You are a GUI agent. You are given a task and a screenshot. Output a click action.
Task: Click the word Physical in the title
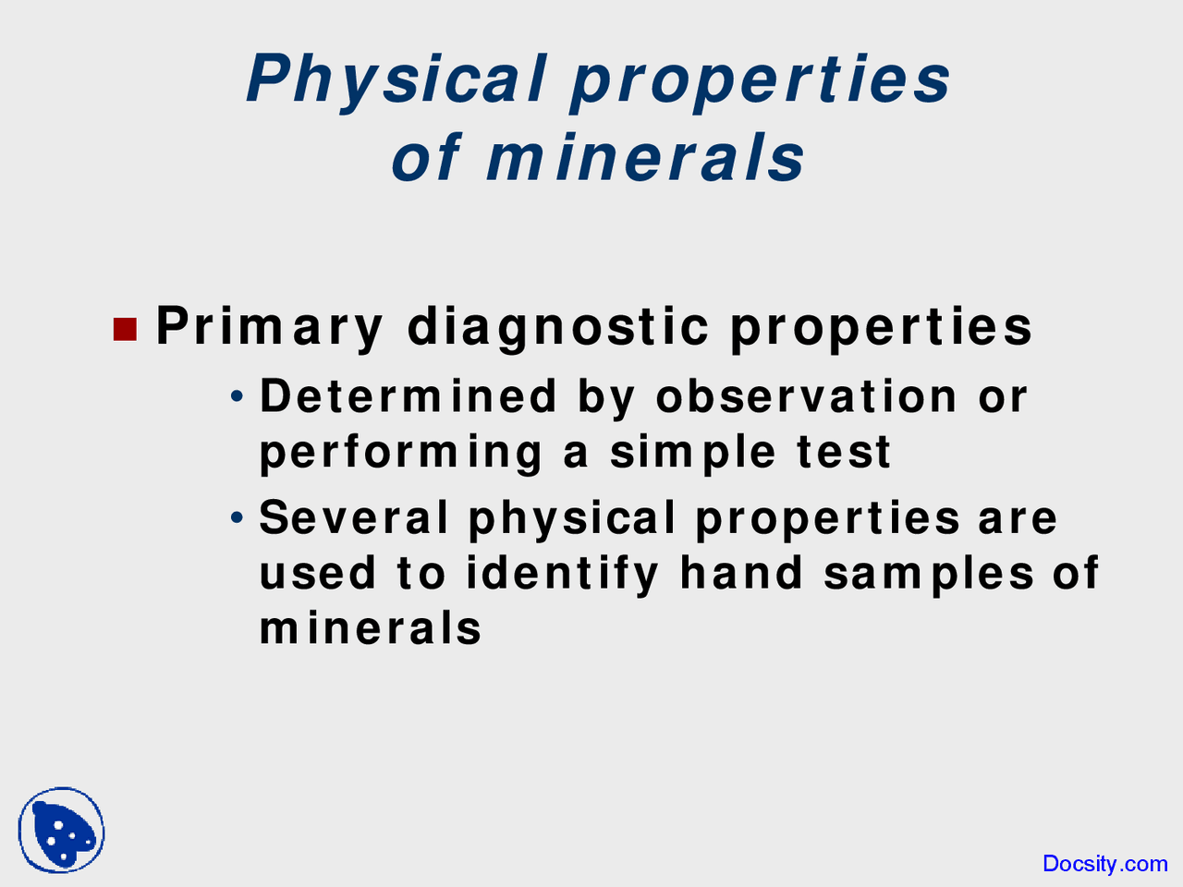396,82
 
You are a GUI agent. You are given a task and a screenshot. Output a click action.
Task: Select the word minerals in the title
646,158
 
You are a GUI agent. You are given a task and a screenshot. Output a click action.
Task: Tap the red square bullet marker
125,330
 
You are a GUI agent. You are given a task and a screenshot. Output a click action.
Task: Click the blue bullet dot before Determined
237,396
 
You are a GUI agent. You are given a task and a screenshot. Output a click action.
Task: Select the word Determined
408,396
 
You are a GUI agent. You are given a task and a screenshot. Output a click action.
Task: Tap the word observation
806,396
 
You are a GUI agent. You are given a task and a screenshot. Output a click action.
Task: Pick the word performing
401,453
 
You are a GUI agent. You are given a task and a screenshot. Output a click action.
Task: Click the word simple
692,453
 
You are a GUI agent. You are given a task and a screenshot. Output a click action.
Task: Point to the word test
844,453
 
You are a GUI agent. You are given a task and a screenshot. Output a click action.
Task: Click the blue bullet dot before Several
237,517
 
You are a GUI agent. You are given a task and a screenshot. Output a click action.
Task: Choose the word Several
354,517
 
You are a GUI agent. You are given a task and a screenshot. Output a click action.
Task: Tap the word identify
562,575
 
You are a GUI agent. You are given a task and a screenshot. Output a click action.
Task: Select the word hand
741,573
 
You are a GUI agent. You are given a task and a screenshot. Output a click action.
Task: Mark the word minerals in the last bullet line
371,628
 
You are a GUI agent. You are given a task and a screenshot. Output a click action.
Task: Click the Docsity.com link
1105,864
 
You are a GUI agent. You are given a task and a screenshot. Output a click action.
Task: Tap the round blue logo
61,830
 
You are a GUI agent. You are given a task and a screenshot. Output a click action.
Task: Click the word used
318,573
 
